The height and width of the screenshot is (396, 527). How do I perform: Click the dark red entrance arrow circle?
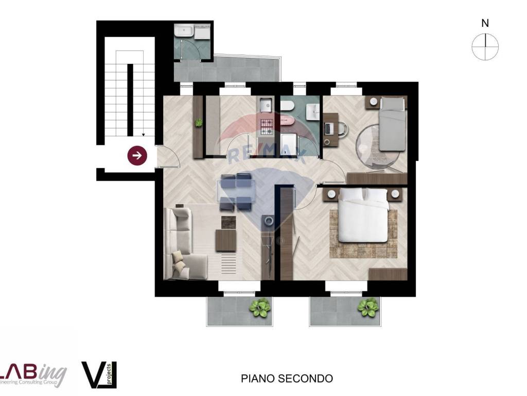click(x=138, y=155)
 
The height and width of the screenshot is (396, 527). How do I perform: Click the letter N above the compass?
click(x=485, y=23)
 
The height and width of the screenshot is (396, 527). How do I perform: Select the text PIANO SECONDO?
click(x=287, y=378)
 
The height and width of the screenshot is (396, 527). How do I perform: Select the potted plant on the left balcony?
click(x=259, y=308)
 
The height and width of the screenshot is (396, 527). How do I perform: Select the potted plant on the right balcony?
click(x=368, y=308)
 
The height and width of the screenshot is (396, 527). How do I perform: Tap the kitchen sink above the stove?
click(x=266, y=106)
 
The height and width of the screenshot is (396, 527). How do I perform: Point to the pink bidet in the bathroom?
click(x=286, y=121)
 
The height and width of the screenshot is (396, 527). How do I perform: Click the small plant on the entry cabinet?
click(x=198, y=123)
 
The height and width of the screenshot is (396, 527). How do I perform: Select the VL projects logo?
click(x=100, y=374)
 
